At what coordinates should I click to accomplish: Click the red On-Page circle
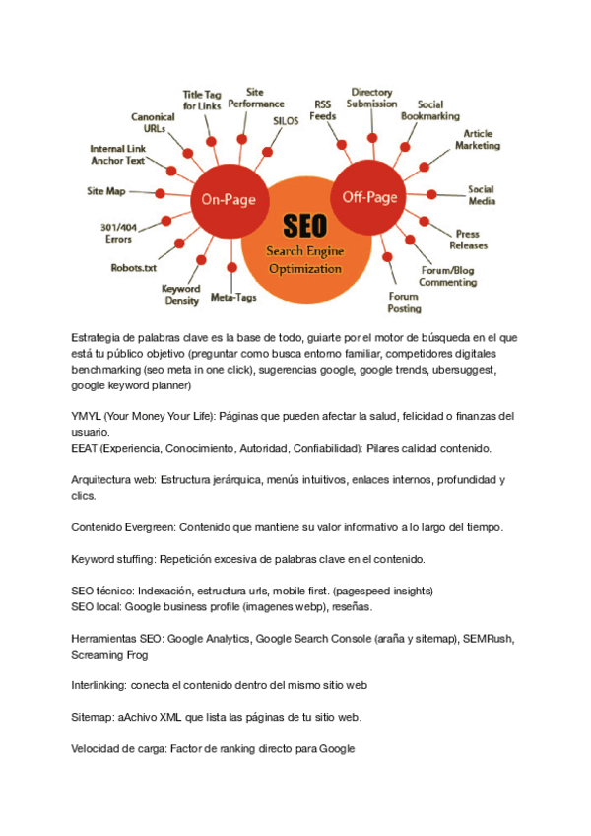pos(229,198)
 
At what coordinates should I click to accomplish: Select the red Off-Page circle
pos(369,196)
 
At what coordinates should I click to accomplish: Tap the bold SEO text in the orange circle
pos(304,226)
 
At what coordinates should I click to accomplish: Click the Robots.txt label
pos(133,266)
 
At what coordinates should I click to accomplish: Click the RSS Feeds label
pos(323,109)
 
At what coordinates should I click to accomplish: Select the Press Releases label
pos(468,240)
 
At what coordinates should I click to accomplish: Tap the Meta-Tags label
pos(234,297)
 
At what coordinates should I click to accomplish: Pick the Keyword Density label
pos(181,295)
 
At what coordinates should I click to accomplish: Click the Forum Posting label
pos(404,302)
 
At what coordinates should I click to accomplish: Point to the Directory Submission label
pos(372,98)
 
